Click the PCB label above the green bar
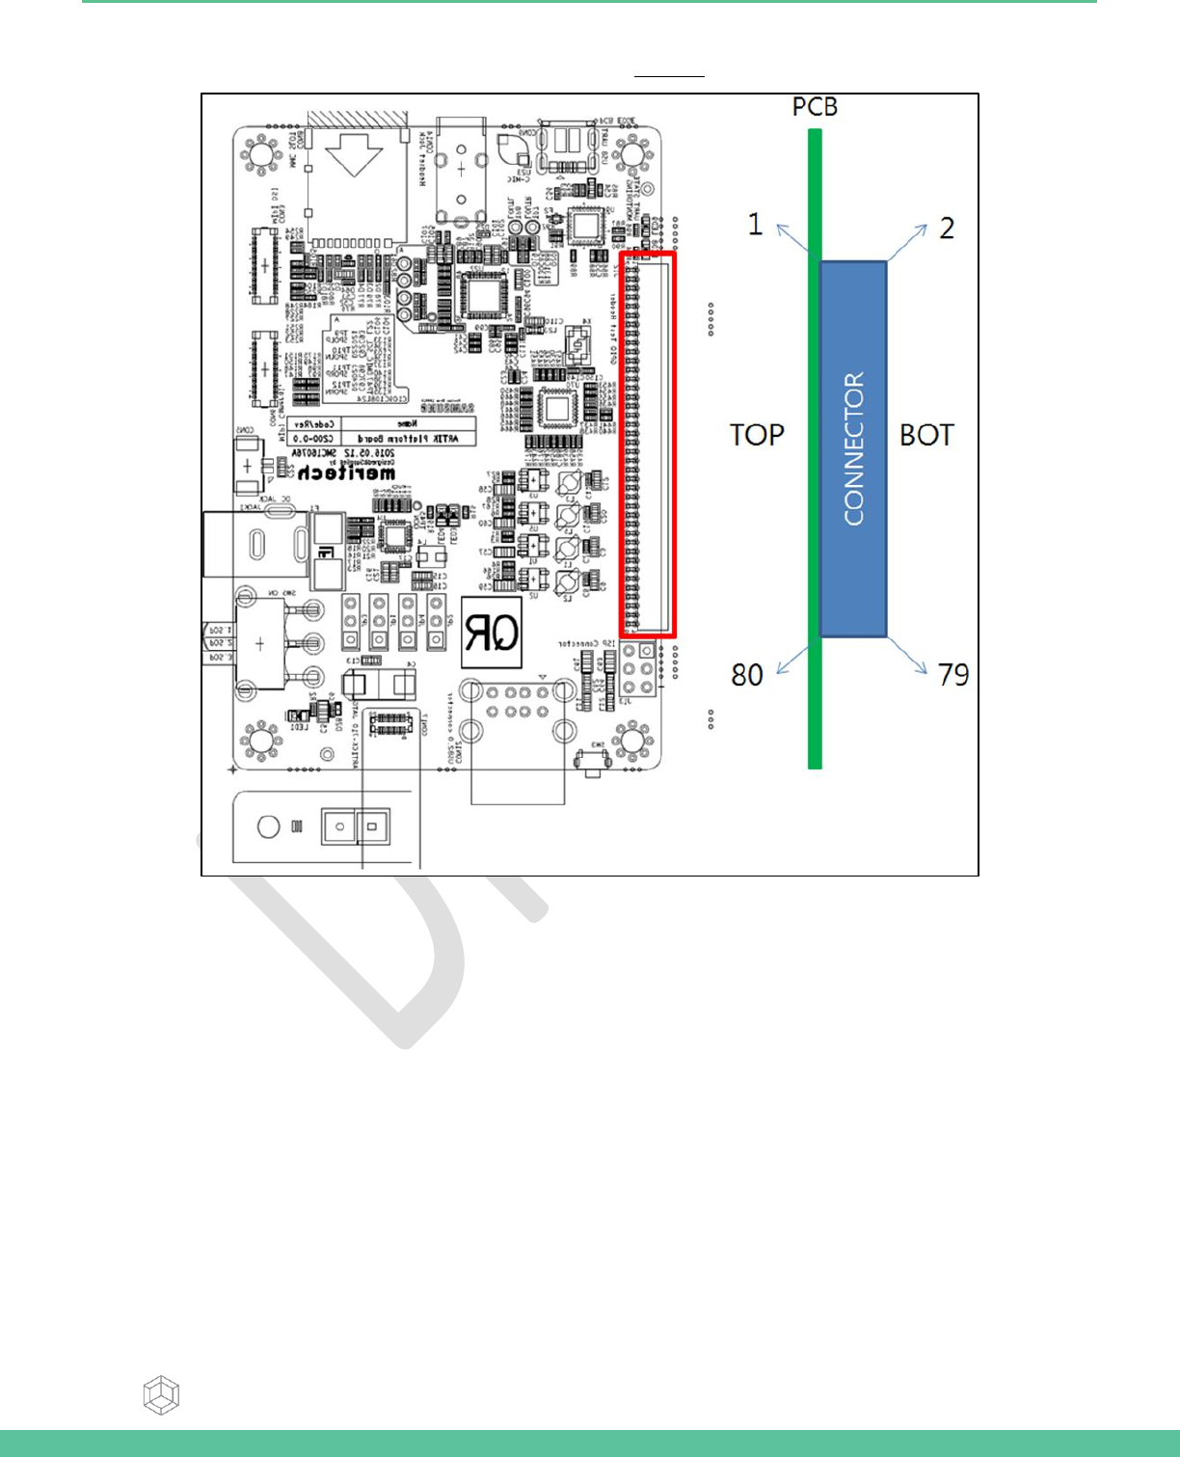click(815, 107)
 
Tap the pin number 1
click(756, 225)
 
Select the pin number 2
click(947, 229)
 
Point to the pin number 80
click(747, 675)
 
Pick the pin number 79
click(952, 675)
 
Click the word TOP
click(757, 435)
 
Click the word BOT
click(926, 435)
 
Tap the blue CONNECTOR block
click(853, 448)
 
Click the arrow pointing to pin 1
click(793, 238)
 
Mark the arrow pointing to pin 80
click(793, 660)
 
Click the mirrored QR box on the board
click(492, 633)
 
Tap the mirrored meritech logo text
click(346, 472)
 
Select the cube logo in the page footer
click(161, 1395)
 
